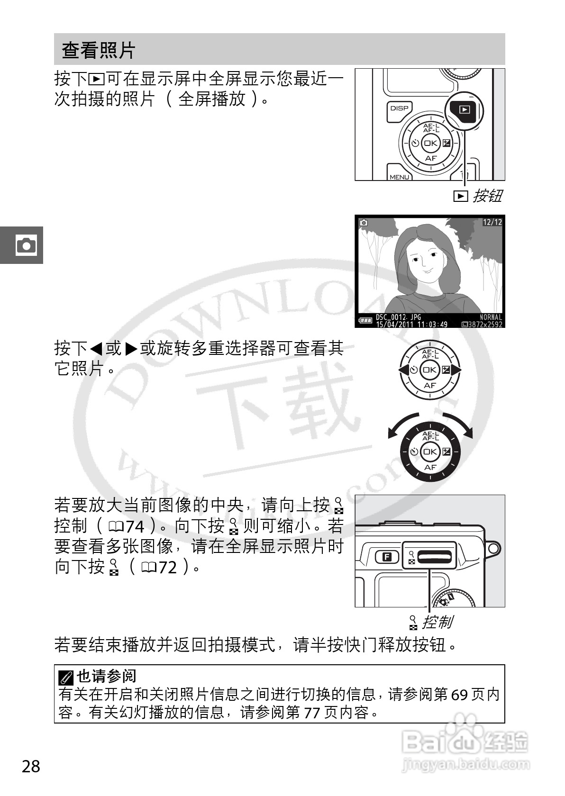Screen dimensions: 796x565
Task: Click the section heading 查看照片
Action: [99, 50]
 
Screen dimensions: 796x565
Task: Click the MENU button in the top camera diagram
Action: [399, 176]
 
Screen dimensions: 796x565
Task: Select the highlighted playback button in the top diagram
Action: [465, 109]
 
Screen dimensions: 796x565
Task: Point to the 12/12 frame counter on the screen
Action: [492, 222]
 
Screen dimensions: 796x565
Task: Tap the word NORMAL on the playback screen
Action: [491, 317]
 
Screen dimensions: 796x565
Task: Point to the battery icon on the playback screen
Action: [365, 321]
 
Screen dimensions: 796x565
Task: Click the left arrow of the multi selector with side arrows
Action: [403, 370]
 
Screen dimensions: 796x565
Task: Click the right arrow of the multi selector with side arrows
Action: [456, 370]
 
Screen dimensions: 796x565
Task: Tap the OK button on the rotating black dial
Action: [430, 452]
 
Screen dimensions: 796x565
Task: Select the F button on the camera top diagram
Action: [387, 557]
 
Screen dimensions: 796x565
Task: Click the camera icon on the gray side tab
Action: [26, 245]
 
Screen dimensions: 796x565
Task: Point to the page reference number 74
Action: [135, 526]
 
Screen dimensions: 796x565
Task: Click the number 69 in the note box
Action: [459, 695]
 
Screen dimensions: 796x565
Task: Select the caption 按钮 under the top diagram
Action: [487, 196]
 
